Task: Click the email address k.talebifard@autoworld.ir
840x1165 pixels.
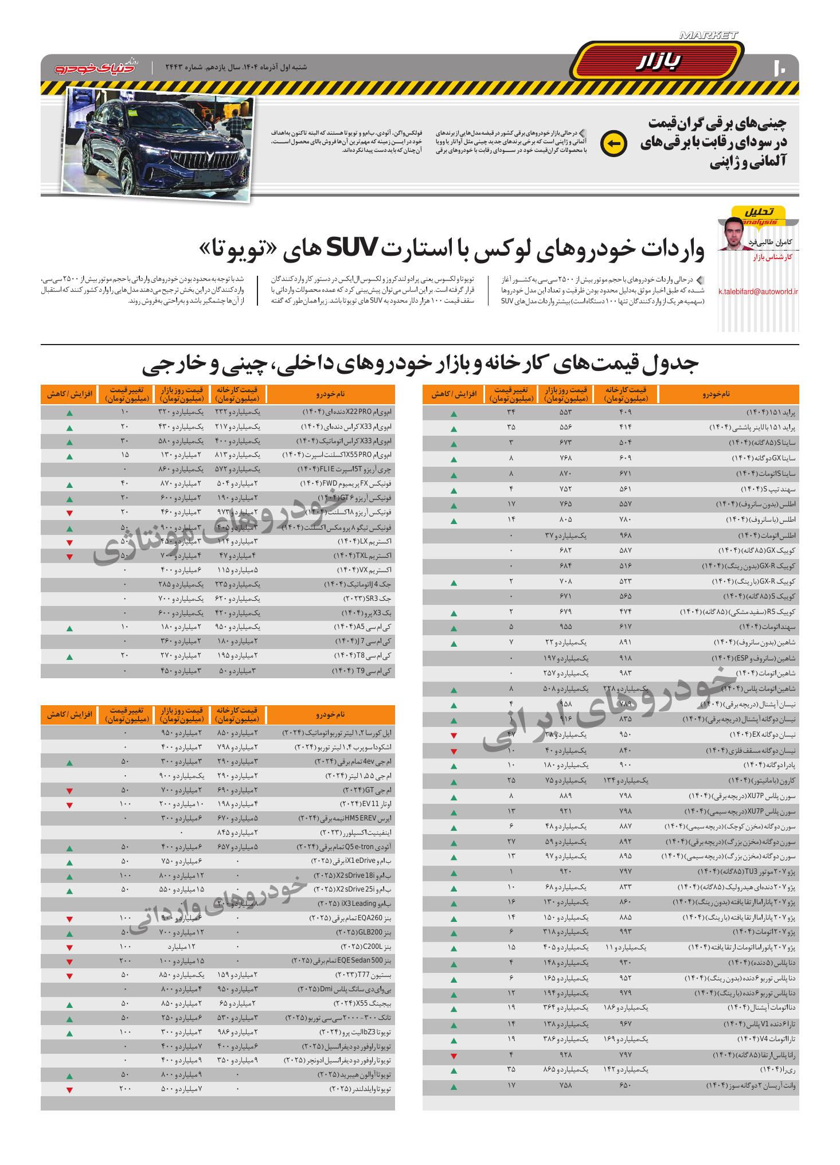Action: click(758, 291)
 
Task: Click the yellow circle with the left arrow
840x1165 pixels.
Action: click(613, 143)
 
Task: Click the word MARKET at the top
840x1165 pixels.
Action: click(708, 36)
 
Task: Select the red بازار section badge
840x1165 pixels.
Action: click(658, 63)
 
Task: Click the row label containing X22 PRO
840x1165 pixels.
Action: click(346, 412)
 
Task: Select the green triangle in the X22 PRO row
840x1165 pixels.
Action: click(69, 413)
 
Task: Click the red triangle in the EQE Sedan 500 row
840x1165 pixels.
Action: click(69, 960)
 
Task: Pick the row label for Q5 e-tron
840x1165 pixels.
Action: click(344, 847)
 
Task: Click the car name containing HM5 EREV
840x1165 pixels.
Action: click(345, 818)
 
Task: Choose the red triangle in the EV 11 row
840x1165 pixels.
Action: click(69, 806)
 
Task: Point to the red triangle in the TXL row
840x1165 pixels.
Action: click(69, 557)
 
